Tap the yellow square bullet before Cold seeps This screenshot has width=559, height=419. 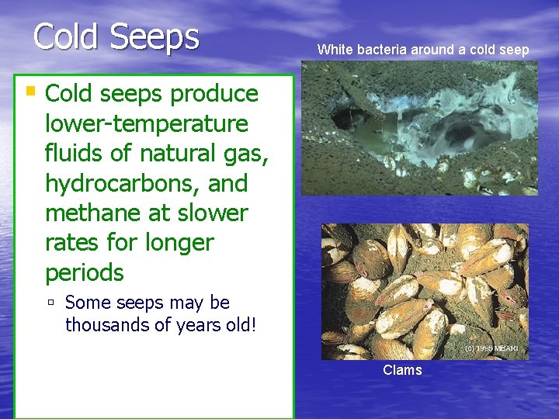pyautogui.click(x=30, y=91)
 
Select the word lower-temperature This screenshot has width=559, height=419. pyautogui.click(x=147, y=123)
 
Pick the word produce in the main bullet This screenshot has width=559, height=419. pyautogui.click(x=214, y=94)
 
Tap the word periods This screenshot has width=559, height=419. pyautogui.click(x=84, y=273)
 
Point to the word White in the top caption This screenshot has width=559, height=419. pyautogui.click(x=335, y=50)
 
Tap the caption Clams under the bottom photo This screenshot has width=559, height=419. pyautogui.click(x=402, y=370)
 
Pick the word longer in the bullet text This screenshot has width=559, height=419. pyautogui.click(x=179, y=243)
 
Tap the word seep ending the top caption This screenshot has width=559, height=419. pyautogui.click(x=513, y=50)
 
